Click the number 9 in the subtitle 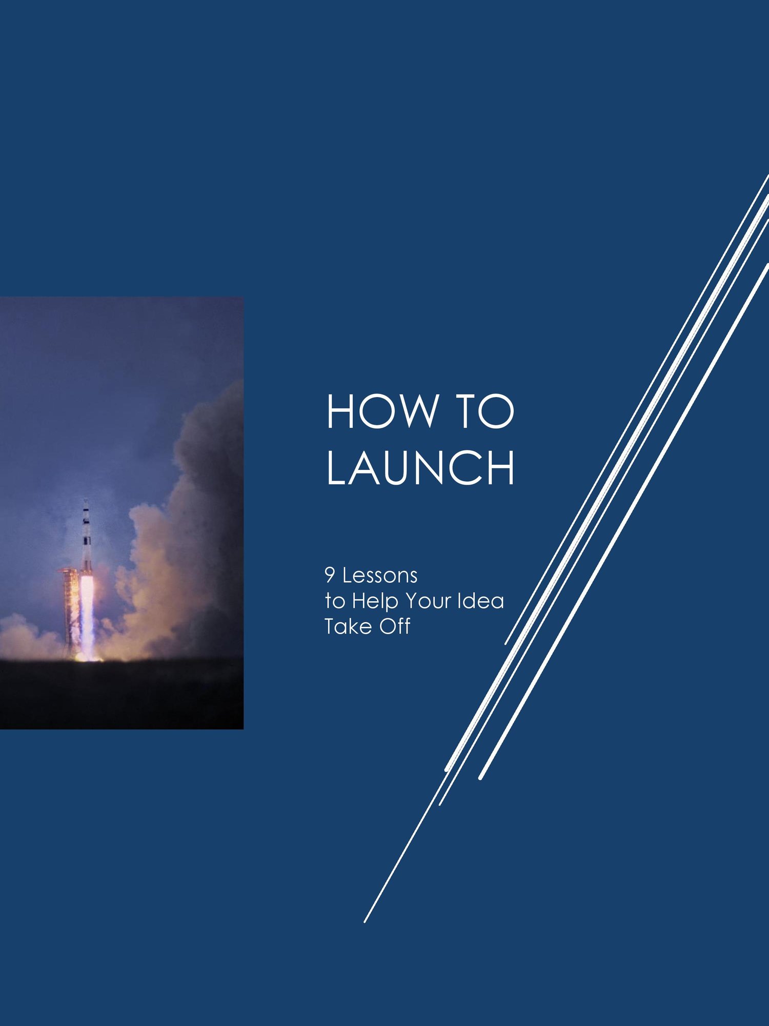(x=330, y=576)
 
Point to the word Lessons (x=380, y=576)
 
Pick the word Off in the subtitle (x=395, y=626)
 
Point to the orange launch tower (x=71, y=610)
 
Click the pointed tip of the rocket (x=86, y=499)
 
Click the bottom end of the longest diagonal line (x=365, y=922)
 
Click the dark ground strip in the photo (x=122, y=693)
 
